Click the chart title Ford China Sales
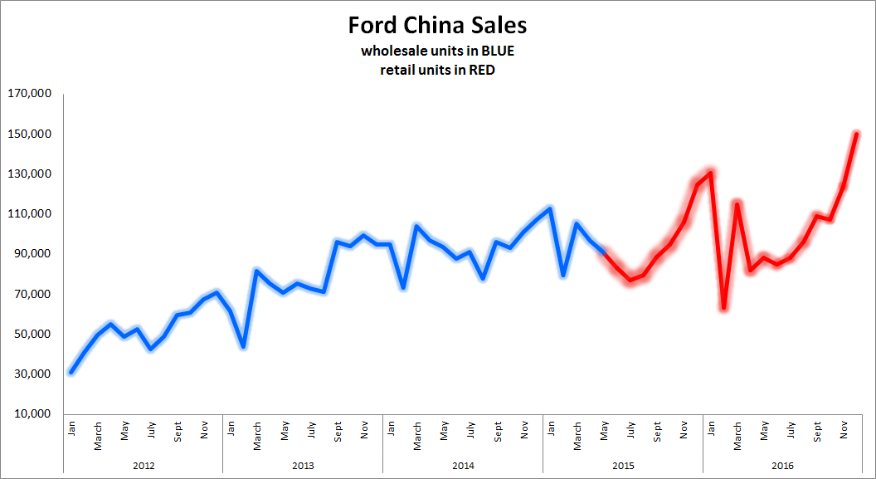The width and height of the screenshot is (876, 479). point(437,25)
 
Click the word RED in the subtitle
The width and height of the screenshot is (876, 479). point(482,71)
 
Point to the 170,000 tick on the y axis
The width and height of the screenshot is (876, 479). point(29,94)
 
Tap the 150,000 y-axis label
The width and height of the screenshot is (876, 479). point(29,134)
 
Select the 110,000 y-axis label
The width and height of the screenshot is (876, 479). point(29,214)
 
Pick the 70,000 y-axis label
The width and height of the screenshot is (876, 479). point(32,294)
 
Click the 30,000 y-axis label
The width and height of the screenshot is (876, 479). point(32,374)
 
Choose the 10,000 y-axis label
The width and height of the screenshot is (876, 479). point(32,414)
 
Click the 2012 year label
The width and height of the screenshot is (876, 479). point(144,466)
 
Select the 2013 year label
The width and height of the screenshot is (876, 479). point(303,466)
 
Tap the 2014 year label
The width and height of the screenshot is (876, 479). point(463,466)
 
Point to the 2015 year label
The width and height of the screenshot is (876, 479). point(623,466)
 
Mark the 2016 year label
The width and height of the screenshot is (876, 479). point(782,466)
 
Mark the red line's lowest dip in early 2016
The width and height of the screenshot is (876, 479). point(724,308)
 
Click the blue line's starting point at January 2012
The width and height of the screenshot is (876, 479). point(71,372)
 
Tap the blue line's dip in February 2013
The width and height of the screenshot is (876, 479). point(244,346)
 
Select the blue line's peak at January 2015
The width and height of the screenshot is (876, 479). point(550,208)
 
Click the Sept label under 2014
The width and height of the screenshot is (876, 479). point(498,432)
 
